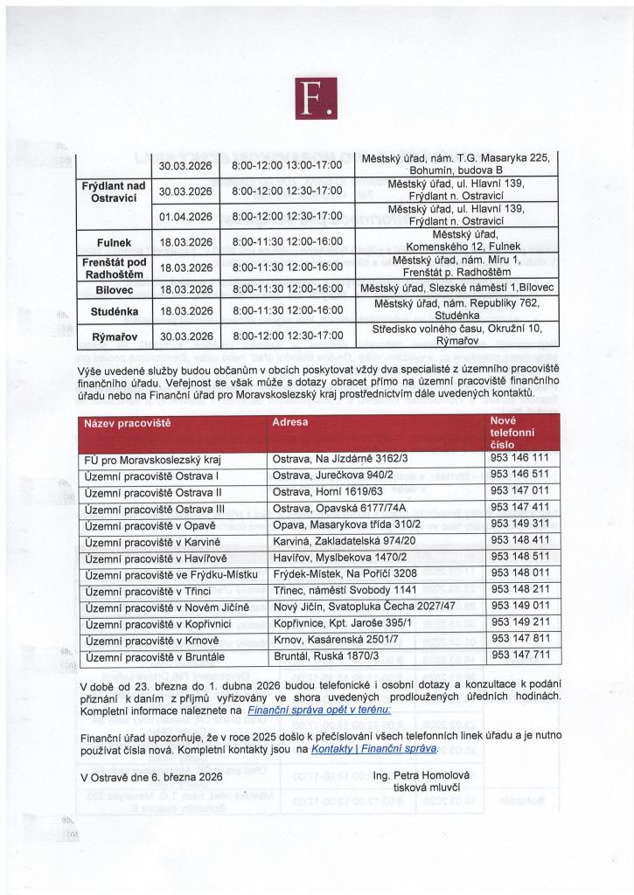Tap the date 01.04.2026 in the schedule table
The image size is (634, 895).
(186, 216)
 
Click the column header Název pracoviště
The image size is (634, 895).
(127, 423)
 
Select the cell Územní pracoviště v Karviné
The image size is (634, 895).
(150, 541)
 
